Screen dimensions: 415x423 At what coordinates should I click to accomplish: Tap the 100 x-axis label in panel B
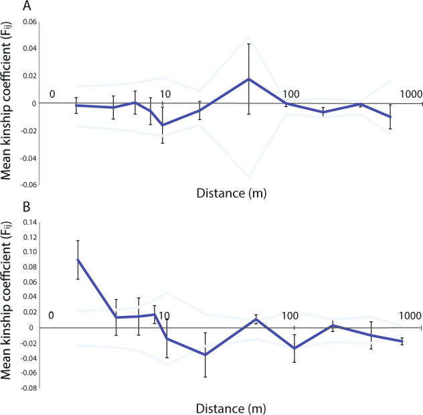[290, 315]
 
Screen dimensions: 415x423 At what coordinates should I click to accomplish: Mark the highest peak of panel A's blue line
[249, 79]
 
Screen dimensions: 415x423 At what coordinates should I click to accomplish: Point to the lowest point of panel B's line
[205, 355]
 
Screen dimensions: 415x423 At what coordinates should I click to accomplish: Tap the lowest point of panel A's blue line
[162, 125]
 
